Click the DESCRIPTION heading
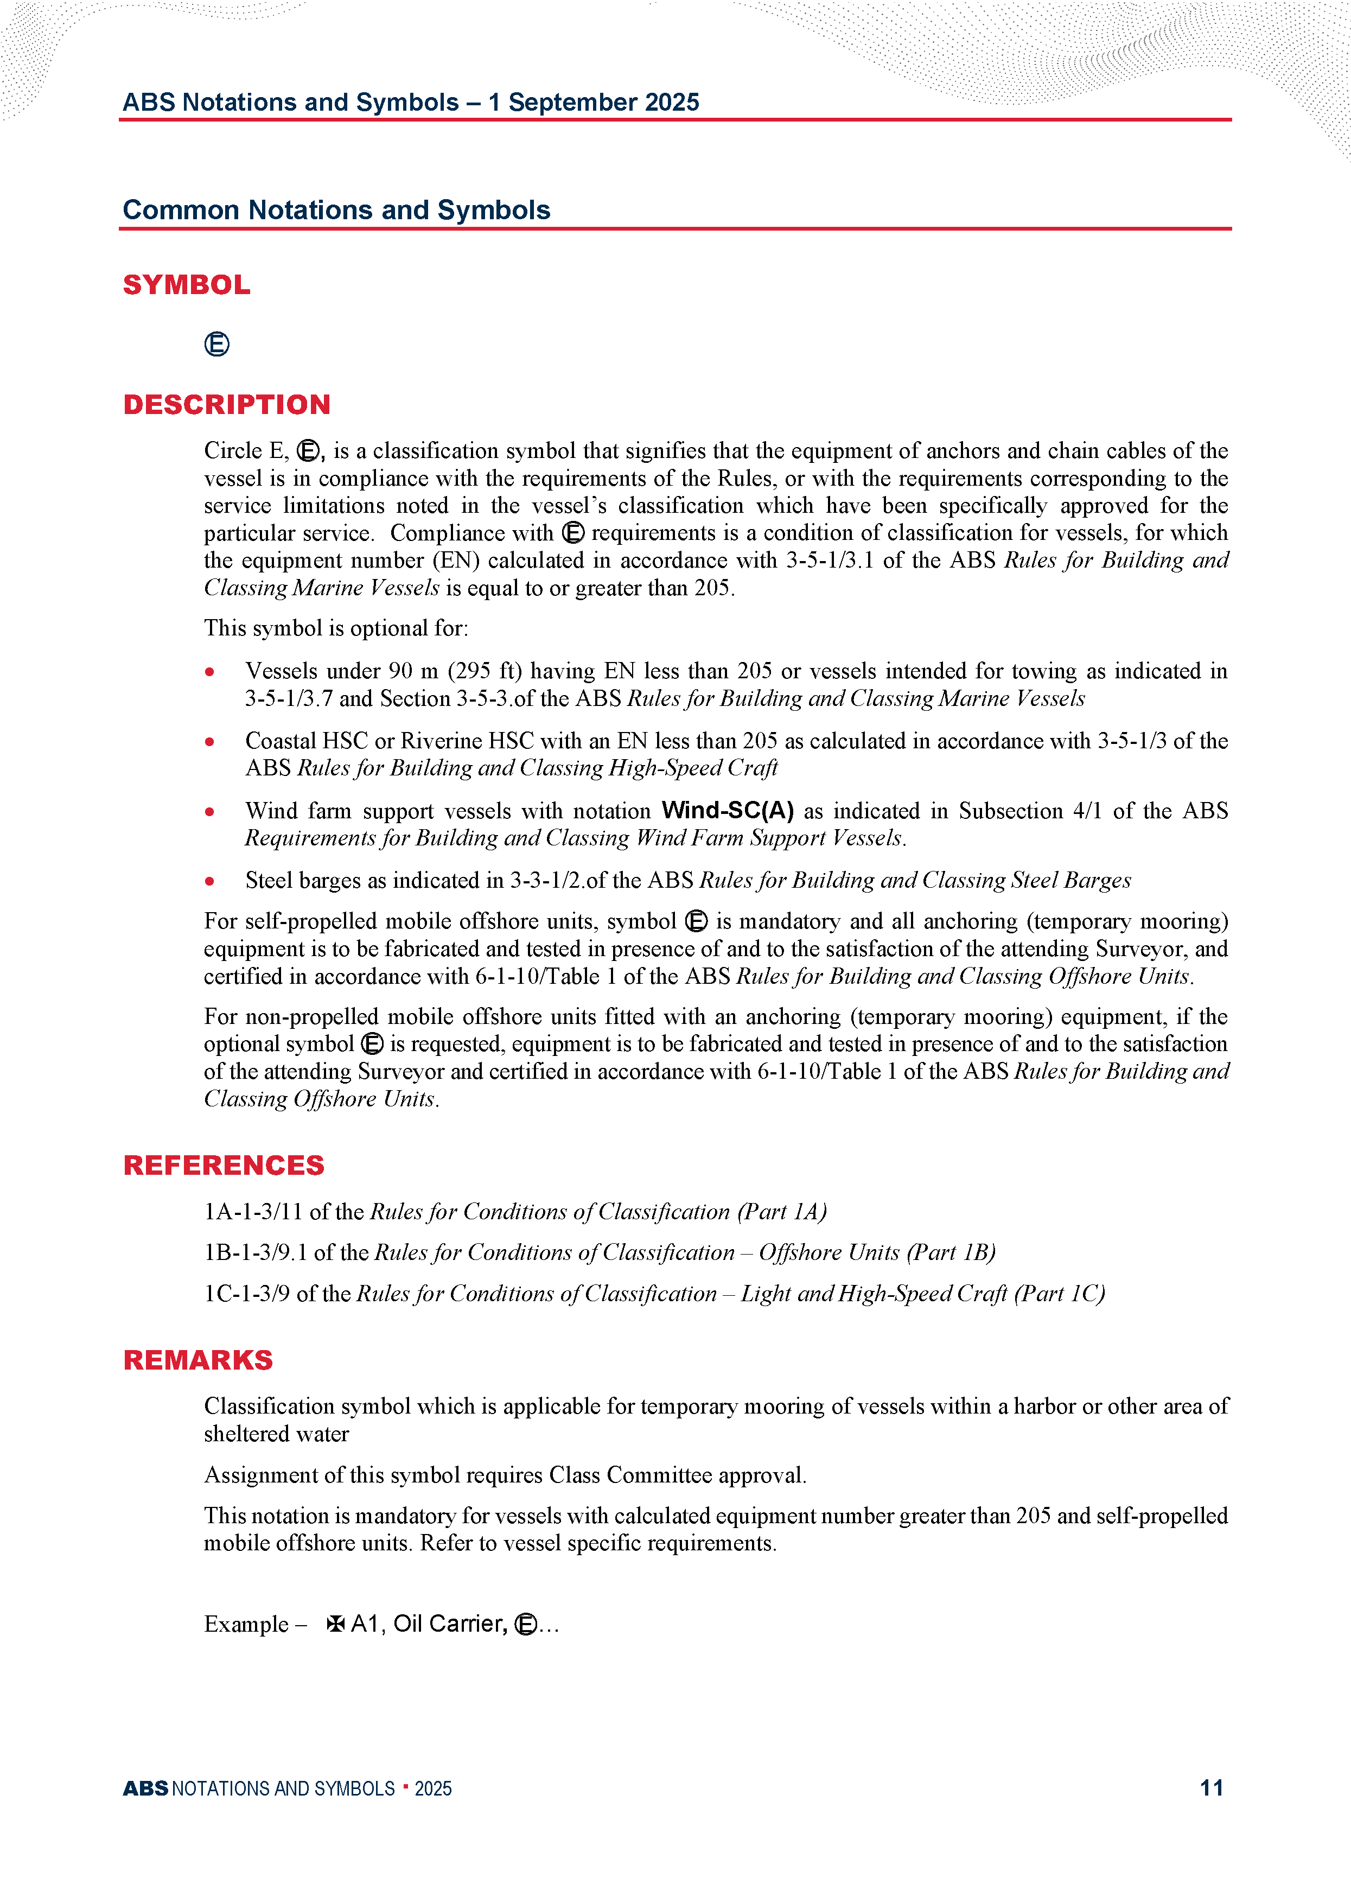click(226, 404)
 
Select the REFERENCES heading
click(223, 1165)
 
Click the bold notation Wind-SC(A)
click(727, 810)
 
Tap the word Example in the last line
click(246, 1625)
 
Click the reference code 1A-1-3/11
click(253, 1212)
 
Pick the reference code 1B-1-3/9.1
click(256, 1252)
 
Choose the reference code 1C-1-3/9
click(247, 1293)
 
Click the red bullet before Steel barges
click(209, 881)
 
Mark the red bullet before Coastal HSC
click(209, 741)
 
